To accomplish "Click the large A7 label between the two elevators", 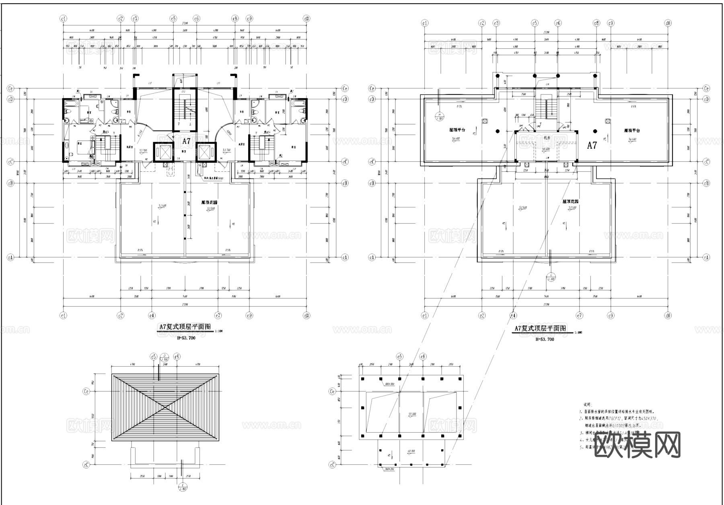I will click(186, 141).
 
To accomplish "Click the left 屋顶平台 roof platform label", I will click(457, 130).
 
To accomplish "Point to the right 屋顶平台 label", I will click(632, 130).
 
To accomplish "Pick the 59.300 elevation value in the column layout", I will click(412, 414).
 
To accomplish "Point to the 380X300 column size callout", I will click(390, 384).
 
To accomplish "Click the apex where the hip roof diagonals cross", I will click(165, 407).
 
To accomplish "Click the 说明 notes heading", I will click(588, 404).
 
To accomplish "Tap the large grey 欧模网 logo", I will click(637, 445).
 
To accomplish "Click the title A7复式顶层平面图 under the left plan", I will click(185, 328).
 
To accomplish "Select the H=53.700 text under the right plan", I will click(545, 339).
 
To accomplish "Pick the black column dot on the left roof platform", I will click(498, 131).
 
